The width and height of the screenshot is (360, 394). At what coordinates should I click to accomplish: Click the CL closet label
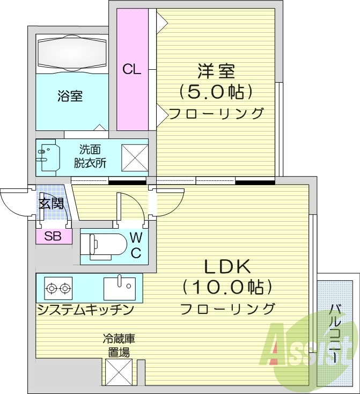(x=131, y=69)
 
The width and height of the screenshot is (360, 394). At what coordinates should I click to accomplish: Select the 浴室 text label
(x=70, y=97)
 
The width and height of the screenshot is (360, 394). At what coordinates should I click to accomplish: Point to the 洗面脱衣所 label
(x=90, y=156)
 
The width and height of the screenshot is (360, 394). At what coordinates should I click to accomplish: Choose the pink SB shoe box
(x=53, y=236)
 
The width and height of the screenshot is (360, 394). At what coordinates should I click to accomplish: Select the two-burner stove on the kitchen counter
(x=58, y=288)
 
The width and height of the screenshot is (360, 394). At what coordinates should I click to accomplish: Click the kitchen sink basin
(x=119, y=288)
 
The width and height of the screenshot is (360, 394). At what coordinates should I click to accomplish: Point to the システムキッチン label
(x=85, y=310)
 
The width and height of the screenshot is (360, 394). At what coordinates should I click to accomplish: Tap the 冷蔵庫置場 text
(x=119, y=346)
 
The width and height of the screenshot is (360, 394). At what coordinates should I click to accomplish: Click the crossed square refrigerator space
(x=119, y=371)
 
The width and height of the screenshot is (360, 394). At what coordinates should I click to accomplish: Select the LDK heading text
(x=225, y=266)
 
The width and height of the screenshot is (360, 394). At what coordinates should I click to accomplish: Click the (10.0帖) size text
(x=225, y=288)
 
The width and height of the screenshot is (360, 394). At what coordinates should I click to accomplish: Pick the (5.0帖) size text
(x=216, y=92)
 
